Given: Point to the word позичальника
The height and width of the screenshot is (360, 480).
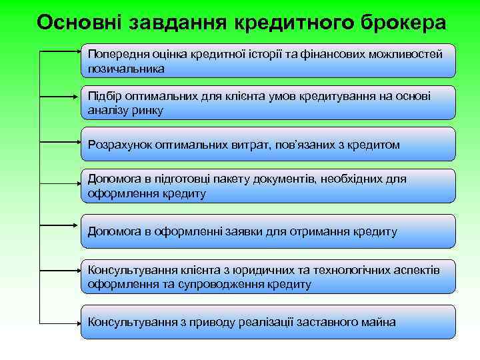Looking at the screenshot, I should tap(125, 68).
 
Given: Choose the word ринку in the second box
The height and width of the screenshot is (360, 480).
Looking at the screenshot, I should tap(148, 110).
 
